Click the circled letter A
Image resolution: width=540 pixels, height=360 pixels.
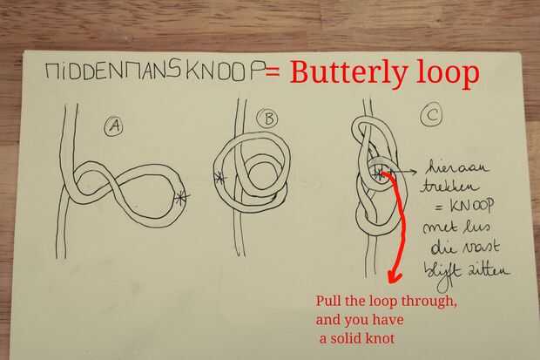114,126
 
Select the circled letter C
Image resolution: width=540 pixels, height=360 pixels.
431,114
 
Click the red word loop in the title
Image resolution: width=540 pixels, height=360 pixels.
448,72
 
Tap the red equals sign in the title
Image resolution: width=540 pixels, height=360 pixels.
273,71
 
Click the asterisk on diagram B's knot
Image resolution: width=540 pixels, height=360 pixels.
219,179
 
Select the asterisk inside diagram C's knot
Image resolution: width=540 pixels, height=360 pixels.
379,174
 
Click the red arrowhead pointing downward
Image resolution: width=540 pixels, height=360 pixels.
394,276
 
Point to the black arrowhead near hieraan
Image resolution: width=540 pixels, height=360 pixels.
413,172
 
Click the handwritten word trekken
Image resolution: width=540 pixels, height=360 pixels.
450,187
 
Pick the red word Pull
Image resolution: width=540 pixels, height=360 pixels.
327,301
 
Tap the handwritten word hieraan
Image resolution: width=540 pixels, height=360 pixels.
457,167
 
